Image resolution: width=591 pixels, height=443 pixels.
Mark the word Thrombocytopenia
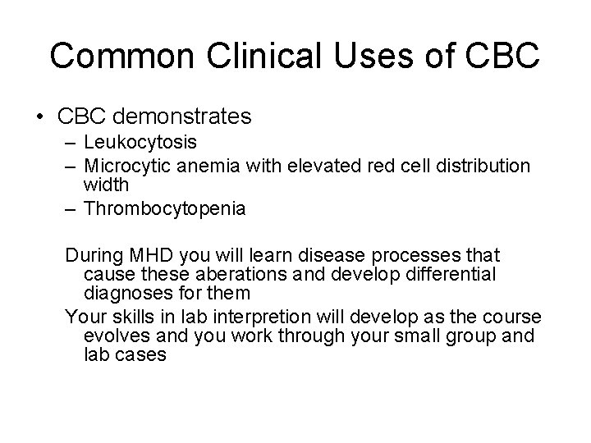pyautogui.click(x=164, y=209)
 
